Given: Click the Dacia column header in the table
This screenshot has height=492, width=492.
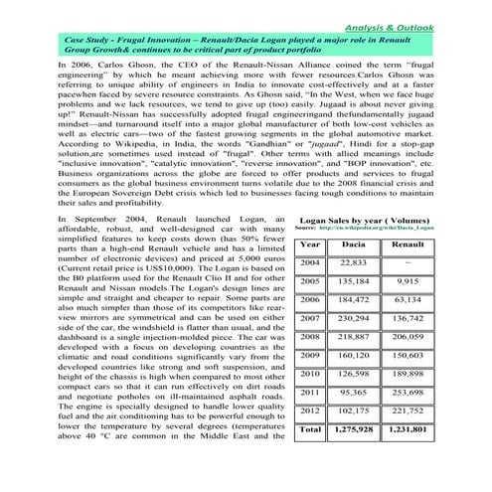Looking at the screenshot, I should pos(354,245).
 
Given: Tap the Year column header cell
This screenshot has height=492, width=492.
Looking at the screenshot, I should pos(309,245).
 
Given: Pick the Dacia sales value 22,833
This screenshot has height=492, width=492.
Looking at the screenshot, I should pos(354,262).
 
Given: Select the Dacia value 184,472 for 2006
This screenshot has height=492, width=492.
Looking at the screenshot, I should pos(354,299).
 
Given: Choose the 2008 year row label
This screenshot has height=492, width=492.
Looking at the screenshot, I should pos(309,337).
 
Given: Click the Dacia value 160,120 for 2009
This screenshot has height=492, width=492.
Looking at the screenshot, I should pos(354,355).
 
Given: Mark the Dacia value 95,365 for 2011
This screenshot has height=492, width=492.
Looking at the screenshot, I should pos(354,393).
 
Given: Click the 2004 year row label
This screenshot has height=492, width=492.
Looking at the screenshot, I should pos(309,262).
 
